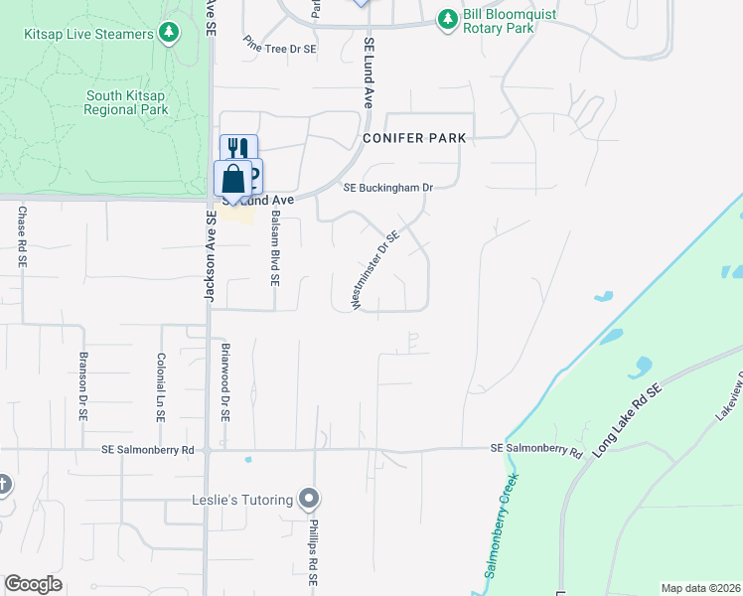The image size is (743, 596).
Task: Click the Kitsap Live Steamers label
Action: pyautogui.click(x=88, y=34)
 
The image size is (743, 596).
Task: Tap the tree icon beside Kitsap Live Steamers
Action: pyautogui.click(x=170, y=33)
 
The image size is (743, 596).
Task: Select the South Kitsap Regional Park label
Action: pyautogui.click(x=125, y=102)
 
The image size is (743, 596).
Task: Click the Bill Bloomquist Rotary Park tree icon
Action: pyautogui.click(x=448, y=19)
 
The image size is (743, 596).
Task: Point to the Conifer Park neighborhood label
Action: pyautogui.click(x=413, y=138)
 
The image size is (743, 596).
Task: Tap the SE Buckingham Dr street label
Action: pyautogui.click(x=388, y=187)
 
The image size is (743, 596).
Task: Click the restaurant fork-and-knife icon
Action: pyautogui.click(x=238, y=149)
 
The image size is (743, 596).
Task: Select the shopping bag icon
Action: pyautogui.click(x=232, y=179)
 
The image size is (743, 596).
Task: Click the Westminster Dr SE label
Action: pyautogui.click(x=375, y=270)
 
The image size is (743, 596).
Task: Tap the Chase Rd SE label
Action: pyautogui.click(x=21, y=236)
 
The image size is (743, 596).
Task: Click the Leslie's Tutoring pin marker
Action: pyautogui.click(x=310, y=499)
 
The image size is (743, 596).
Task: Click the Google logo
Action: pyautogui.click(x=33, y=584)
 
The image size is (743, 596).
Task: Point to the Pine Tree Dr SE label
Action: pyautogui.click(x=280, y=47)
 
